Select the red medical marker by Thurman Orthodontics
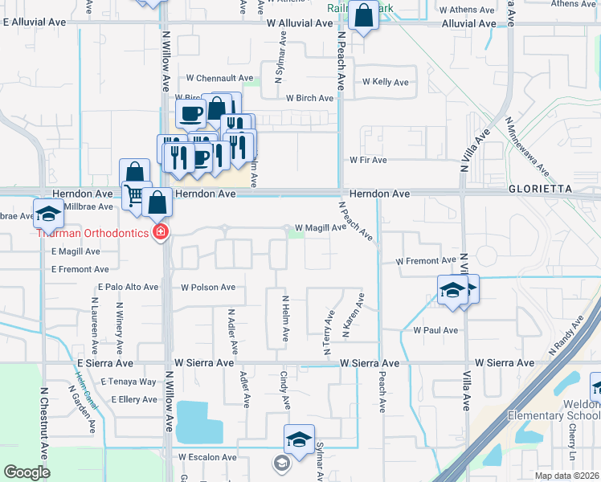[x=161, y=233]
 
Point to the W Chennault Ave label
[x=215, y=78]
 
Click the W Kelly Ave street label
[x=386, y=82]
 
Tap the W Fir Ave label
[x=368, y=160]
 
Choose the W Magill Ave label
[x=321, y=228]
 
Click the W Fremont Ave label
[x=426, y=261]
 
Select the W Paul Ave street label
[x=435, y=330]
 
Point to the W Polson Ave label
[x=208, y=287]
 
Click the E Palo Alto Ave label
[x=129, y=287]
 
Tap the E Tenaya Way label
[x=133, y=382]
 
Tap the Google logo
[x=27, y=472]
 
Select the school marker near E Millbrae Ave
[x=47, y=212]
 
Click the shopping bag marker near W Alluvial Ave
[x=363, y=15]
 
